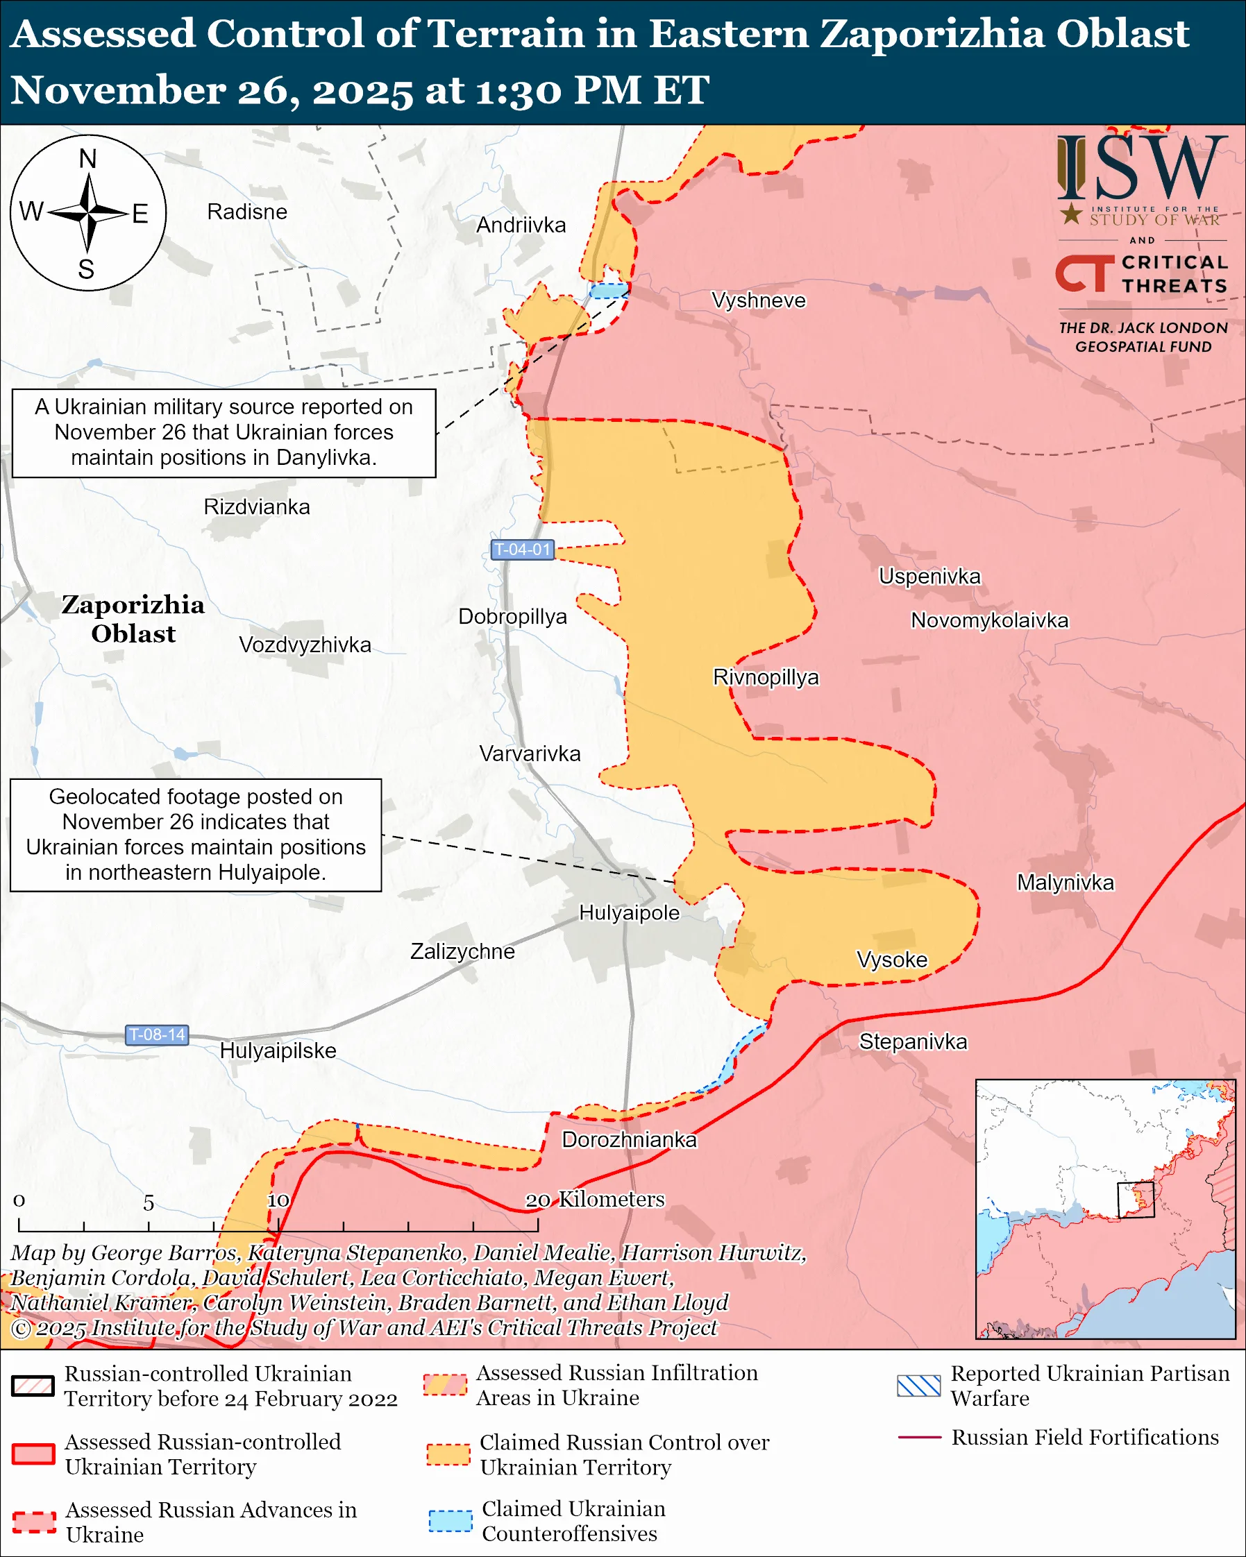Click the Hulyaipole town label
(629, 913)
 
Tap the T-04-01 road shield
(522, 550)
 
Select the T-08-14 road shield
(157, 1035)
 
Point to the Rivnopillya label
(766, 677)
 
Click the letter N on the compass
(87, 159)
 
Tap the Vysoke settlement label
(891, 960)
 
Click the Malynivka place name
(1065, 883)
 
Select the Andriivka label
(521, 226)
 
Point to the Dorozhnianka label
(629, 1139)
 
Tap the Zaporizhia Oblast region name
(133, 619)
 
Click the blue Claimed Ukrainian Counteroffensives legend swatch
(450, 1521)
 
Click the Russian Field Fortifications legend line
(919, 1438)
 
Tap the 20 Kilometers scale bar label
(593, 1200)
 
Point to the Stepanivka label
(912, 1041)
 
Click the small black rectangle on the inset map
(1136, 1200)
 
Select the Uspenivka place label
(929, 577)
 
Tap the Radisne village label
(247, 212)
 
